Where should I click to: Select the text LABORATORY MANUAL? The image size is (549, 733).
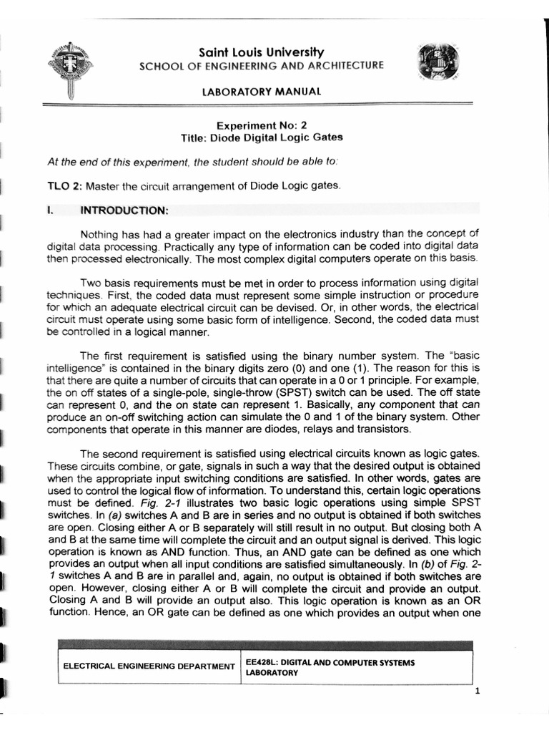[262, 92]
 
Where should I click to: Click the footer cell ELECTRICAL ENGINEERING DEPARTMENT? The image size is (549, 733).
[149, 666]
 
